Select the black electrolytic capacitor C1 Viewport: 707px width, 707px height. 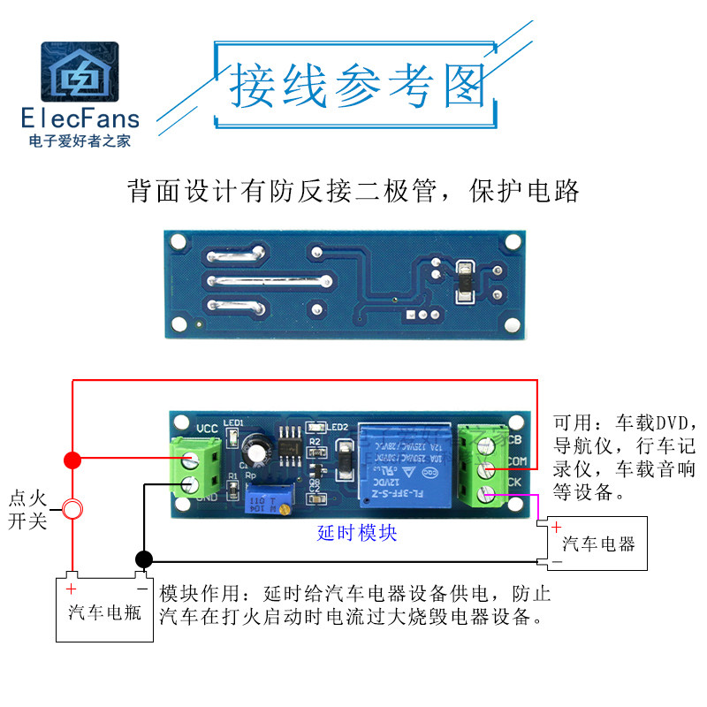tap(258, 448)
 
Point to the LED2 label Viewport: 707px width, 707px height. tap(340, 428)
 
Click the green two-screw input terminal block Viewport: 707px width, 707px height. tap(197, 468)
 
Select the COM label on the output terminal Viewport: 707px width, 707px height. tap(517, 461)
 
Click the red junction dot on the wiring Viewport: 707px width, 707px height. tap(72, 460)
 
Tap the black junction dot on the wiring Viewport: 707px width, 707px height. tap(143, 559)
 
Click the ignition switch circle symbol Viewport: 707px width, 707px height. tap(72, 509)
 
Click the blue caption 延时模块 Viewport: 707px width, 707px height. tap(357, 533)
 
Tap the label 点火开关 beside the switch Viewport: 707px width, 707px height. tap(27, 509)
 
